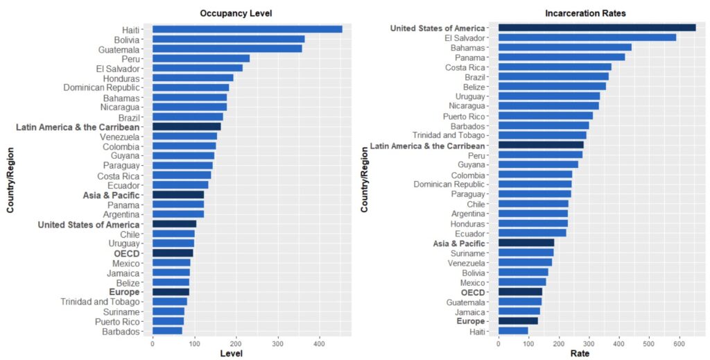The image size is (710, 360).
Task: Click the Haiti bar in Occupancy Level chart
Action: (247, 29)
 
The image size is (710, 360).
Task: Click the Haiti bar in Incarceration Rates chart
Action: (513, 330)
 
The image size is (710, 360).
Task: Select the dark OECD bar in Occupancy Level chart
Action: (173, 253)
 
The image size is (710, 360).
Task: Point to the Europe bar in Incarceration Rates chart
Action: (518, 320)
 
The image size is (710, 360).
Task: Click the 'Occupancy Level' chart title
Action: (236, 13)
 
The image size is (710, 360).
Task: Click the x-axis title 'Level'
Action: (231, 354)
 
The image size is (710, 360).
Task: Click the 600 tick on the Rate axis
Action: (679, 343)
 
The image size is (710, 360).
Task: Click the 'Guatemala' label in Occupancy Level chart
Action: (119, 49)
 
